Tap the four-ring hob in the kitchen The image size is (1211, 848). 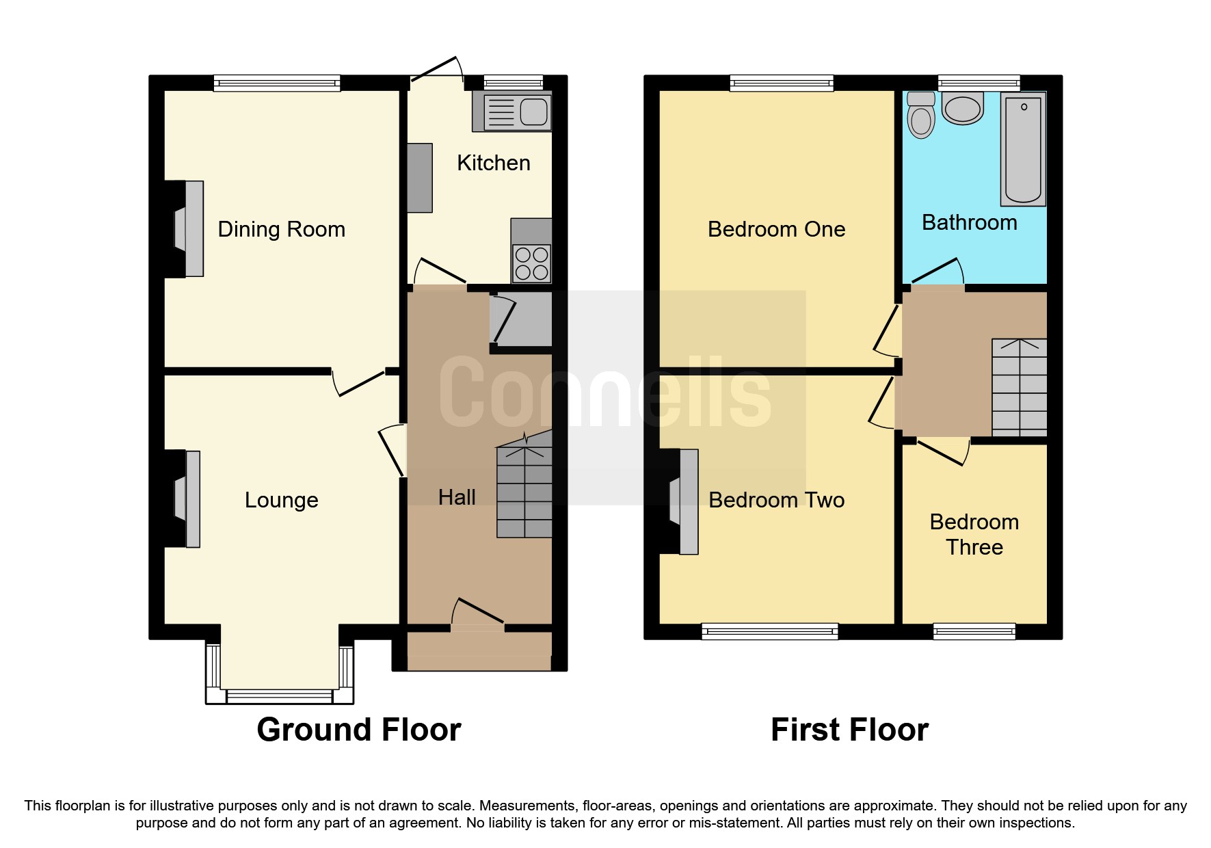click(531, 263)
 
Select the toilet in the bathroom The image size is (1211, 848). click(921, 116)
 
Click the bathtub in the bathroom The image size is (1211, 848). click(1023, 149)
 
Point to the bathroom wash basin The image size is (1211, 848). click(963, 109)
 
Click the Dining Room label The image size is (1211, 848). click(281, 229)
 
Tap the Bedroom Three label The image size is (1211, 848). click(974, 534)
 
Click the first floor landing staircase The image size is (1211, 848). click(1019, 387)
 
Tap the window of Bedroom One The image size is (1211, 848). click(782, 83)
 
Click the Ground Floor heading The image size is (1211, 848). click(358, 730)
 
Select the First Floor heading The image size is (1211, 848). click(849, 730)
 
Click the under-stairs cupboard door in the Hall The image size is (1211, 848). click(505, 319)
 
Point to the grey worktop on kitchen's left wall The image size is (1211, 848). click(420, 178)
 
